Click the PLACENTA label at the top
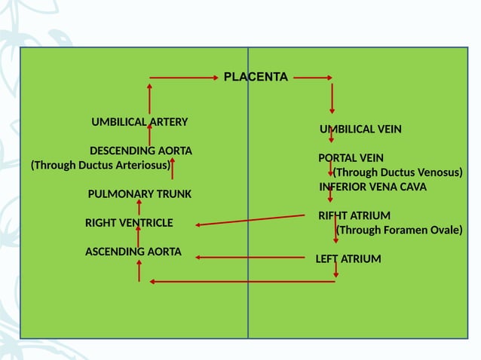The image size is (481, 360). point(256,77)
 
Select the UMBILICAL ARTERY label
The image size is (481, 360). point(139,121)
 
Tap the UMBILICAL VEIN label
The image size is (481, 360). point(360,129)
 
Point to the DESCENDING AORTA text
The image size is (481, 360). point(141,150)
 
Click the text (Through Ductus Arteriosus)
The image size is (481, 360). point(101,165)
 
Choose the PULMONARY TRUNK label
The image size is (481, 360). point(139,194)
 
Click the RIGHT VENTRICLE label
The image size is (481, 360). point(129,223)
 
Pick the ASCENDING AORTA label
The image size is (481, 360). point(133,252)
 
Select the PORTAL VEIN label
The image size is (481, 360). point(351,158)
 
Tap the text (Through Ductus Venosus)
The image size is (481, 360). point(397,172)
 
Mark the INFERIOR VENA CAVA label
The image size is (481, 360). point(372,187)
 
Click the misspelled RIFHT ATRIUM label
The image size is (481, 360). point(354,215)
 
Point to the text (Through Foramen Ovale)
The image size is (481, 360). point(399,230)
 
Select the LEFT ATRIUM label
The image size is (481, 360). point(348,259)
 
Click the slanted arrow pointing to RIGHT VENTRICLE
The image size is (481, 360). point(250,220)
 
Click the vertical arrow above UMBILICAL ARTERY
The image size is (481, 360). point(149,98)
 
